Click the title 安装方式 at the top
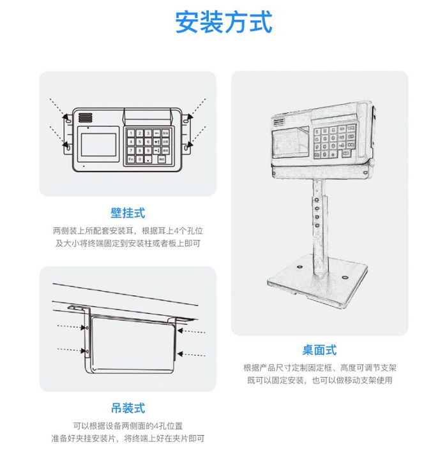click(x=223, y=22)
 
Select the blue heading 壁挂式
click(x=128, y=212)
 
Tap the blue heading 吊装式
click(x=128, y=408)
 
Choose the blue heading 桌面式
click(x=319, y=350)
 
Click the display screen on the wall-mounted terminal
click(x=97, y=145)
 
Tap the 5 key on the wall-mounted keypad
click(x=139, y=142)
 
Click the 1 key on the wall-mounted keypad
click(x=130, y=133)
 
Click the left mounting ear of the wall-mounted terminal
click(x=66, y=133)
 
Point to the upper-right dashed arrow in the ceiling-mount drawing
click(x=192, y=331)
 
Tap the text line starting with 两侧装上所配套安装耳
click(x=128, y=230)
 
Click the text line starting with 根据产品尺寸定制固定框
click(x=319, y=367)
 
